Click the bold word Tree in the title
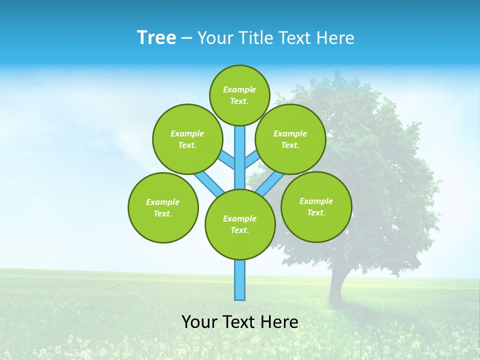point(156,37)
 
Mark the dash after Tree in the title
point(186,38)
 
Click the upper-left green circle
point(187,139)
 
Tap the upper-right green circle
point(290,139)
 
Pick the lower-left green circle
point(163,207)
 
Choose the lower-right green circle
point(316,206)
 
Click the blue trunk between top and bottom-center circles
point(240,157)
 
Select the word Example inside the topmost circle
point(239,90)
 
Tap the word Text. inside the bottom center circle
point(239,230)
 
